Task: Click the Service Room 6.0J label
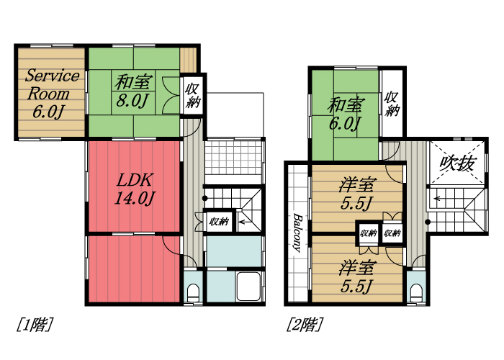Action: pos(50,93)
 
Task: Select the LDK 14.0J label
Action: pos(134,189)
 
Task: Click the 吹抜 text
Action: pos(456,163)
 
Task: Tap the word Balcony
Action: pos(297,232)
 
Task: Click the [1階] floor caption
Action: pos(34,325)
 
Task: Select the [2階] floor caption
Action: pos(304,325)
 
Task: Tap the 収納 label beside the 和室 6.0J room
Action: pos(392,103)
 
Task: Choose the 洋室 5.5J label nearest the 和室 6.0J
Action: pos(357,194)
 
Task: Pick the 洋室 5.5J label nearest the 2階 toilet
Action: pos(357,276)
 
